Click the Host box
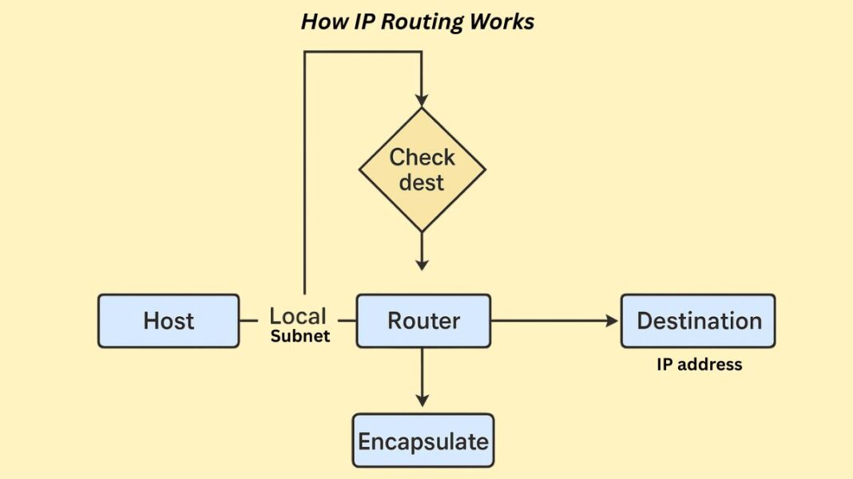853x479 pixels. tap(169, 321)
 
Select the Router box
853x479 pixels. tap(423, 321)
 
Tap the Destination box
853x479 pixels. tap(698, 321)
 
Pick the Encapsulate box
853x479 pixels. tap(423, 441)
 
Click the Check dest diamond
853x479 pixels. tap(422, 169)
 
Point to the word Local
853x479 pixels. tap(298, 316)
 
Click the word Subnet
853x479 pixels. tap(300, 336)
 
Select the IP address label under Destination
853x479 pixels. tap(699, 365)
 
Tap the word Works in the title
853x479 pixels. tap(501, 22)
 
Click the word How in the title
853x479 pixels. tap(319, 22)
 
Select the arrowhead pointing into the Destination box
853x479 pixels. tap(613, 321)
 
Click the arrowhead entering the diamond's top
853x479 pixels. tap(422, 100)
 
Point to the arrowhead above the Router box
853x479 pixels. tap(422, 263)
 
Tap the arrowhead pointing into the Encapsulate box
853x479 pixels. tap(422, 399)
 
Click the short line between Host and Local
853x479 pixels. tap(248, 321)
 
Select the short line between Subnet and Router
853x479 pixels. tap(346, 321)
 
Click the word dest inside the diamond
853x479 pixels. tap(421, 183)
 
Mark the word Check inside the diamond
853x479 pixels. tap(422, 157)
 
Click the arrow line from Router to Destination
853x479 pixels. tap(551, 321)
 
